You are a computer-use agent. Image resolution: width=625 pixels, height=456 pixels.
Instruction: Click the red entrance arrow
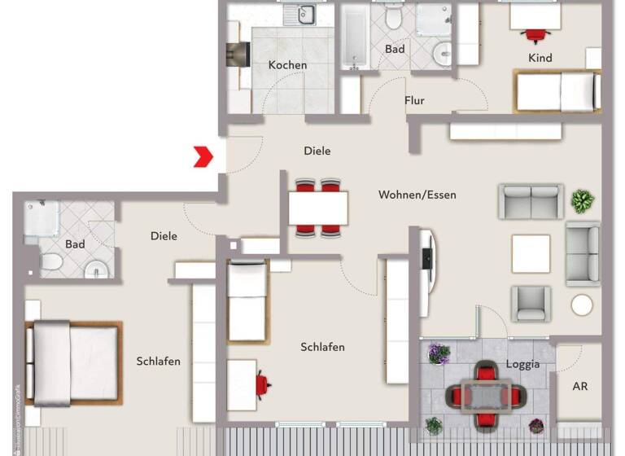click(x=203, y=156)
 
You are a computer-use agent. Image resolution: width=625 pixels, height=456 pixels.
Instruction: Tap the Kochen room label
click(x=288, y=65)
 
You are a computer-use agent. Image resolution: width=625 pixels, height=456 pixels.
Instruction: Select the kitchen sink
click(x=305, y=14)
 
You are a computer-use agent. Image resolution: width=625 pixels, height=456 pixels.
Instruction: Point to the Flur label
click(x=415, y=101)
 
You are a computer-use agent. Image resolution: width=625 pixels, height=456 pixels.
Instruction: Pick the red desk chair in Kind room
click(x=535, y=34)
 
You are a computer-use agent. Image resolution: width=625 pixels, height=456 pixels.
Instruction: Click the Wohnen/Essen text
click(x=417, y=195)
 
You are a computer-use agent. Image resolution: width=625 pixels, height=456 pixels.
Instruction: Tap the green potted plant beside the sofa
click(x=582, y=200)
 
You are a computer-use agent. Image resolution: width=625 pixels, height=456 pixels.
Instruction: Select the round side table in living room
click(x=582, y=305)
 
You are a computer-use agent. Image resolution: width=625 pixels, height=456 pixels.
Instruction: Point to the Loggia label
click(x=522, y=364)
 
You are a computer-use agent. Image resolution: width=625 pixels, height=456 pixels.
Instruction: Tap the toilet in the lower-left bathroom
click(x=51, y=262)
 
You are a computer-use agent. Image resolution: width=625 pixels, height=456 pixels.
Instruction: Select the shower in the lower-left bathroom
click(x=42, y=218)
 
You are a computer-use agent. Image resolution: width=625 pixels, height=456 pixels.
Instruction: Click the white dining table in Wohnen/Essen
click(x=318, y=208)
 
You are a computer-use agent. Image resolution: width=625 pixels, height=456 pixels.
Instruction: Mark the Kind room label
click(x=540, y=58)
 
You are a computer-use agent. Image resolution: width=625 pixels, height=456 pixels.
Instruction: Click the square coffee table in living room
click(x=531, y=253)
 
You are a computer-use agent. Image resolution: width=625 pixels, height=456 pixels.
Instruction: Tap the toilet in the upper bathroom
click(x=394, y=16)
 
